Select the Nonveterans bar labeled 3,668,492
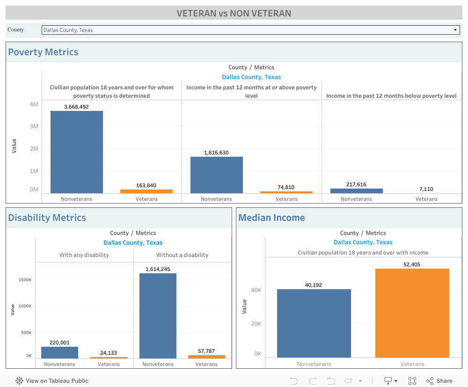tap(77, 152)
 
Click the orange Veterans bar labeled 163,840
tap(146, 191)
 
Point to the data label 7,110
tap(426, 189)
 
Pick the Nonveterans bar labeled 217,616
tap(356, 190)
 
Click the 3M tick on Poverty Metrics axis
tap(34, 126)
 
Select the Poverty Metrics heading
tap(43, 52)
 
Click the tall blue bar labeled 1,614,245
tap(158, 316)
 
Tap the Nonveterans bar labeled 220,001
tap(59, 352)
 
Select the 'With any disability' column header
tap(84, 255)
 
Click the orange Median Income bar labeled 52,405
tap(412, 313)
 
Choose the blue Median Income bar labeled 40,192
tap(314, 323)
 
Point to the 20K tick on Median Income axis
tap(256, 324)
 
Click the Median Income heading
tap(271, 218)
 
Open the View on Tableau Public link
tap(52, 381)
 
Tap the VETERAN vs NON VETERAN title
tap(234, 13)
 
